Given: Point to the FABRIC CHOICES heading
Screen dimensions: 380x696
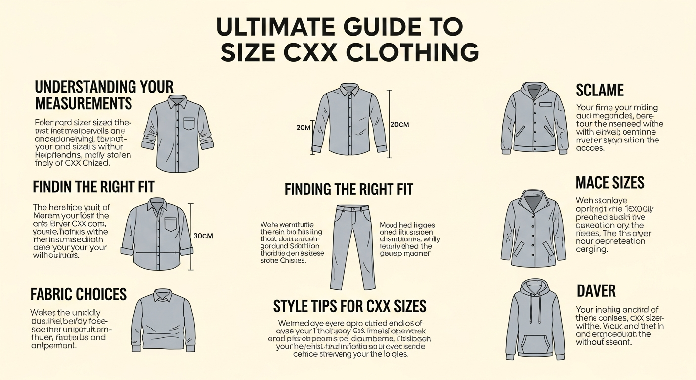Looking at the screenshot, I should click(79, 294).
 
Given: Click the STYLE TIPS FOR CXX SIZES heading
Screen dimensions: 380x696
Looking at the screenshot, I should click(349, 306).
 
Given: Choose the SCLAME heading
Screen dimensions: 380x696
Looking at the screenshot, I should click(600, 90).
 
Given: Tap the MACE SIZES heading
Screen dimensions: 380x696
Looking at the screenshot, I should click(610, 183).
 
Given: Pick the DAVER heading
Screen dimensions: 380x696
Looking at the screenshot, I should click(596, 290).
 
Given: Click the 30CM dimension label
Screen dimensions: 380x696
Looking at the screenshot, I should click(203, 236).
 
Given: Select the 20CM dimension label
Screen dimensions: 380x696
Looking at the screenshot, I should click(399, 125).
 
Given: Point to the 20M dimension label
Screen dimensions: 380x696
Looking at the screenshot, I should click(303, 128).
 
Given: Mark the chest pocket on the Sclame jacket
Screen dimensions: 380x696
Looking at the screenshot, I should click(545, 105).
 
